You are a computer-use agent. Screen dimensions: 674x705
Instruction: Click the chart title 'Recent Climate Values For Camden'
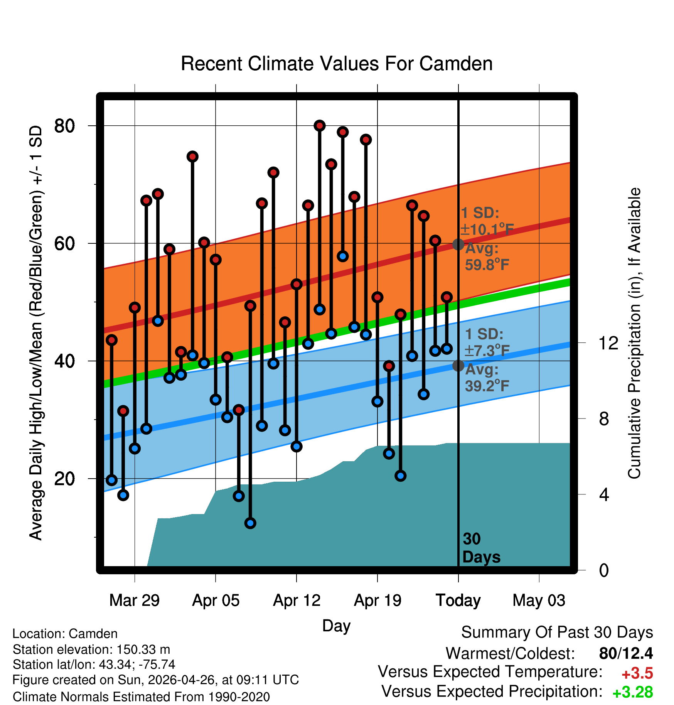coord(337,64)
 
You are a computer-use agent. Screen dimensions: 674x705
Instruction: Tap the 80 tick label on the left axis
coord(64,126)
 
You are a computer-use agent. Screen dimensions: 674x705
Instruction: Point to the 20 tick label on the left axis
coord(64,479)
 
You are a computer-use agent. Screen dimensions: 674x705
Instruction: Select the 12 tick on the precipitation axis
coord(608,343)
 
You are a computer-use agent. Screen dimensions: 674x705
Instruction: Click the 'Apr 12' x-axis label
coord(297,600)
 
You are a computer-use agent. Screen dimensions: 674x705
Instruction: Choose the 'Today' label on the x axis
coord(458,600)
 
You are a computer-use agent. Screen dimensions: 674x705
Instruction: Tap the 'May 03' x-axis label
coord(539,600)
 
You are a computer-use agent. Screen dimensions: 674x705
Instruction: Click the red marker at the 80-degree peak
coord(320,126)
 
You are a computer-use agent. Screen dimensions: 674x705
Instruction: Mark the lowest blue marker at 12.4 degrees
coord(250,523)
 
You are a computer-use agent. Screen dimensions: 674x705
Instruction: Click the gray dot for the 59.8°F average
coord(458,245)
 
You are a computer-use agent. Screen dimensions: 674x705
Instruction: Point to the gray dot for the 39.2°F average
coord(458,366)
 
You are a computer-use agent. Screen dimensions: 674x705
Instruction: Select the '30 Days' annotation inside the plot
coord(481,548)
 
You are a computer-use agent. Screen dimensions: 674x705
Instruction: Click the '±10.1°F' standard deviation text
coord(487,229)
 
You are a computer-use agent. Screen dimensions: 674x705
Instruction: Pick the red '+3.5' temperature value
coord(637,674)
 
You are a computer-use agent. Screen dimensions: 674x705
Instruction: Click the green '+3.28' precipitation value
coord(633,692)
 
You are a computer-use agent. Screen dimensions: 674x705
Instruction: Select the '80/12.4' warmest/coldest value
coord(626,653)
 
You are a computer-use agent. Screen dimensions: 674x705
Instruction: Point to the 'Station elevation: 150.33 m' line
coord(91,649)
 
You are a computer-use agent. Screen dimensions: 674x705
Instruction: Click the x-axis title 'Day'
coord(336,626)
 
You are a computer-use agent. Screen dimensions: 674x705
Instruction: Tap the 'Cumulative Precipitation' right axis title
coord(635,333)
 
